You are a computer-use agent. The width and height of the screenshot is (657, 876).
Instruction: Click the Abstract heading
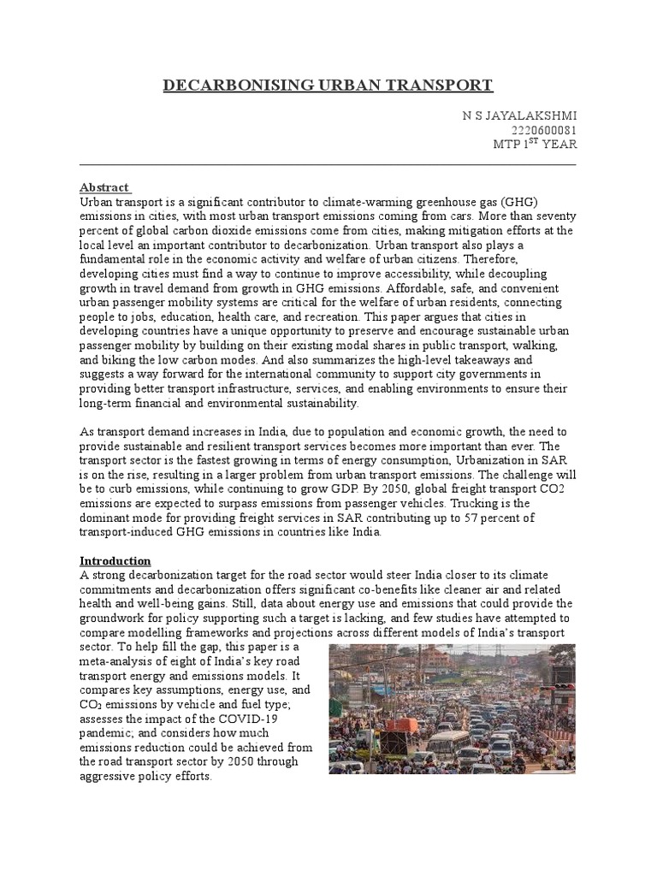(x=104, y=187)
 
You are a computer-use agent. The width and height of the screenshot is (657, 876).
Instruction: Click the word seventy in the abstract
(x=553, y=216)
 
